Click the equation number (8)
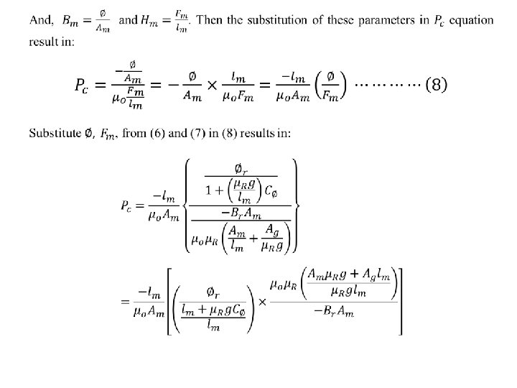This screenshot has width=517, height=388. coord(437,86)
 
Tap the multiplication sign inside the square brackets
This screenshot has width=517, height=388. coord(262,300)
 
